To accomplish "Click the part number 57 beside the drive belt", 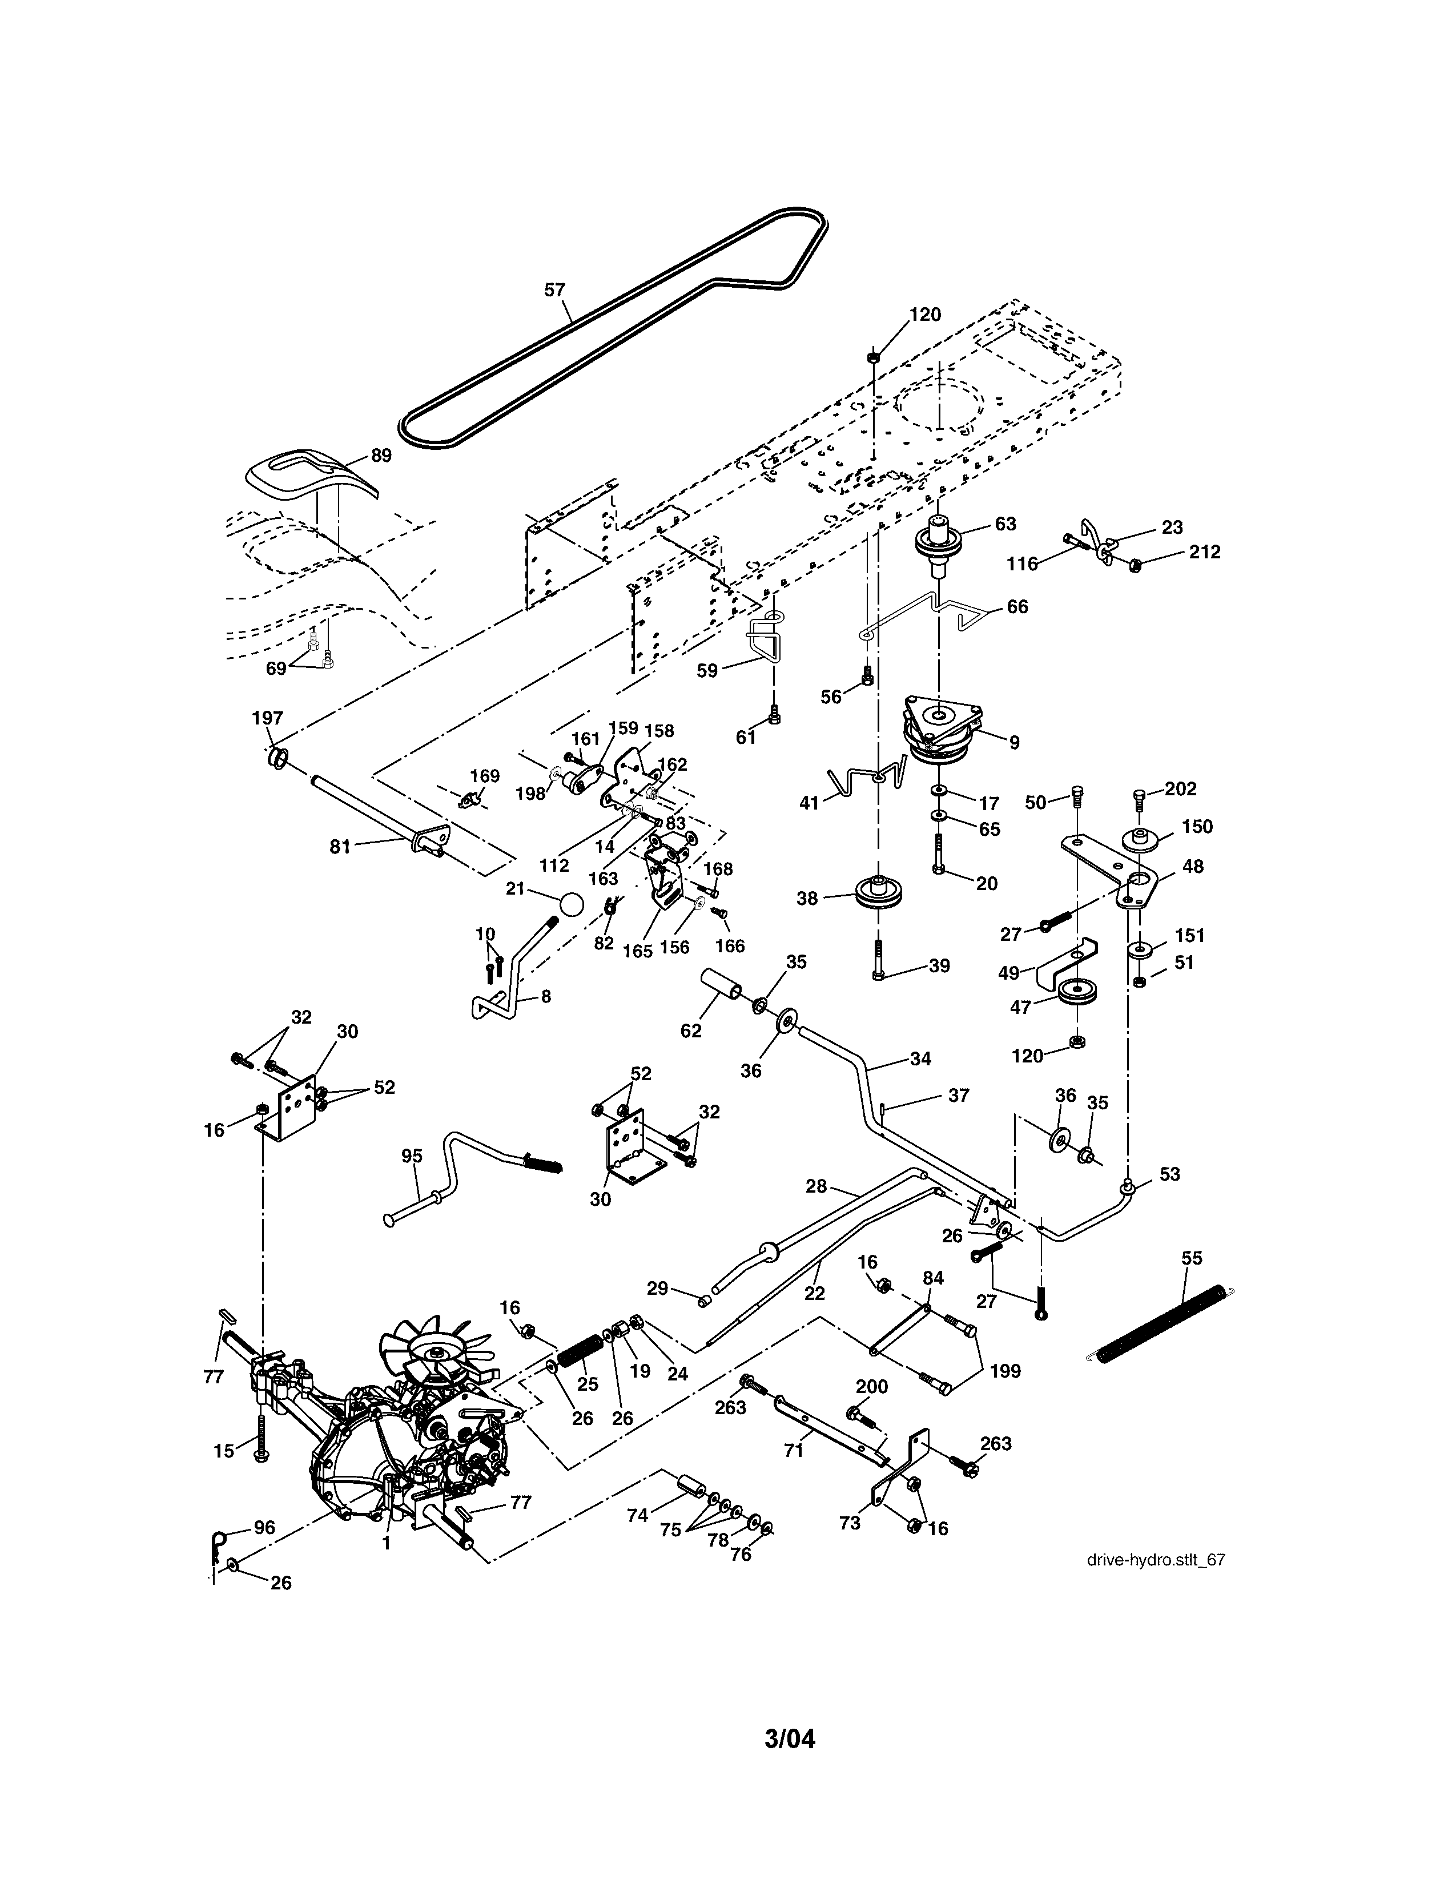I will (554, 290).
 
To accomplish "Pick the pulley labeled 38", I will (877, 892).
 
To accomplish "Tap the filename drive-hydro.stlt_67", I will (1156, 1560).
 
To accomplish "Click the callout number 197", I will (267, 718).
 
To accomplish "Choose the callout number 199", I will (1005, 1371).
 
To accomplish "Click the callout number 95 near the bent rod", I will (412, 1155).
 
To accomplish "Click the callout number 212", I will (1204, 551).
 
